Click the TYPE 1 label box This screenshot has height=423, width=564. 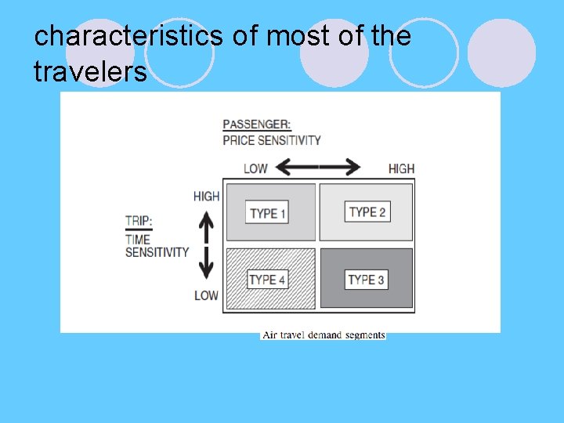point(268,212)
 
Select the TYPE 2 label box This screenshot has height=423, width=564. point(367,211)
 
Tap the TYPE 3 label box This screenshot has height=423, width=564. point(367,279)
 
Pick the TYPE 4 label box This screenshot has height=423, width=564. point(268,280)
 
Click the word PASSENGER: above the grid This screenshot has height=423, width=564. point(258,125)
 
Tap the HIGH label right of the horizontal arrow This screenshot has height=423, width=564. point(401,168)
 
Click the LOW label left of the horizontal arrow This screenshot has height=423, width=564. point(255,168)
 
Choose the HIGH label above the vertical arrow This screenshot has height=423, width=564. point(206,196)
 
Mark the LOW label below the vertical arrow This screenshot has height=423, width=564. point(206,295)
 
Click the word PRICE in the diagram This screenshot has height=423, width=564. point(239,140)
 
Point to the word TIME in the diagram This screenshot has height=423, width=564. point(137,239)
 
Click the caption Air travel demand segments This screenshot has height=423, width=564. point(324,335)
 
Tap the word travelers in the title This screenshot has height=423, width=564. point(90,71)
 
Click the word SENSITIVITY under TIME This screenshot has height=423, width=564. point(157,252)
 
